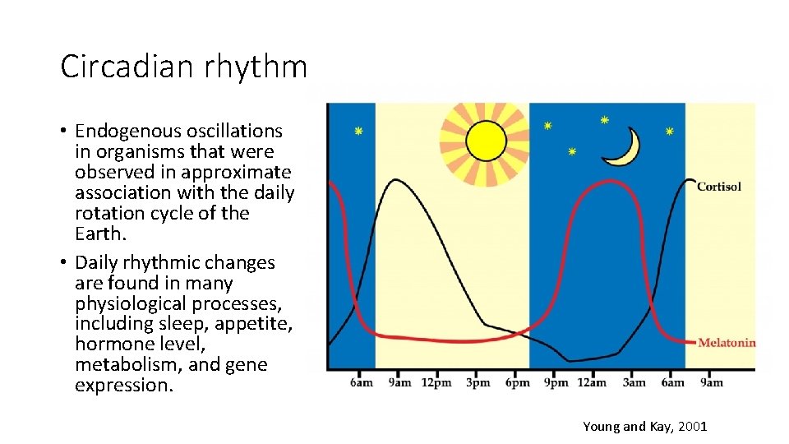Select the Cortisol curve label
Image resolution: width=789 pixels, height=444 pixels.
pyautogui.click(x=718, y=187)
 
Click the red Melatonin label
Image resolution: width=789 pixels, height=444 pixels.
pyautogui.click(x=726, y=343)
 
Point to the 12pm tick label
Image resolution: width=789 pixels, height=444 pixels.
pyautogui.click(x=436, y=382)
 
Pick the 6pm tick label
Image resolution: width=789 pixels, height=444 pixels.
pyautogui.click(x=516, y=382)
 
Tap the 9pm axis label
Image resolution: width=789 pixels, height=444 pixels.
pyautogui.click(x=556, y=382)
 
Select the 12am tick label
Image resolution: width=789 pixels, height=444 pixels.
pyautogui.click(x=593, y=382)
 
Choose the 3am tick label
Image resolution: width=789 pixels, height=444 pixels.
pyautogui.click(x=634, y=382)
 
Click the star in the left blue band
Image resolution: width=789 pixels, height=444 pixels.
pyautogui.click(x=358, y=132)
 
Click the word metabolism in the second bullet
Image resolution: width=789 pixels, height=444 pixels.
pyautogui.click(x=122, y=364)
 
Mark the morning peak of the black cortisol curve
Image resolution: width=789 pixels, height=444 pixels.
pyautogui.click(x=396, y=179)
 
